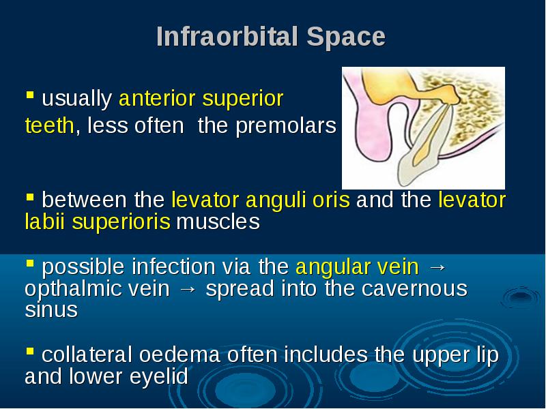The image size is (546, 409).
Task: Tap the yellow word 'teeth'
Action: (49, 125)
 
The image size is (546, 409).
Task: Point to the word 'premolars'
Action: (286, 126)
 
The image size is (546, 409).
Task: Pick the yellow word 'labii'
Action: (45, 222)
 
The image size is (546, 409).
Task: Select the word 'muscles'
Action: (218, 222)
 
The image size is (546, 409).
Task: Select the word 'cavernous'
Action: (414, 289)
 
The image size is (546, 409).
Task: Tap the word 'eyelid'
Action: (159, 377)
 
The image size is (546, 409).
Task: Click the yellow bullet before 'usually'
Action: (30, 95)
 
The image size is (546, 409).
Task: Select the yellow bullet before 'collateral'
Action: (30, 351)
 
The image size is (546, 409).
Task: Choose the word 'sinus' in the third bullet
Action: (51, 310)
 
